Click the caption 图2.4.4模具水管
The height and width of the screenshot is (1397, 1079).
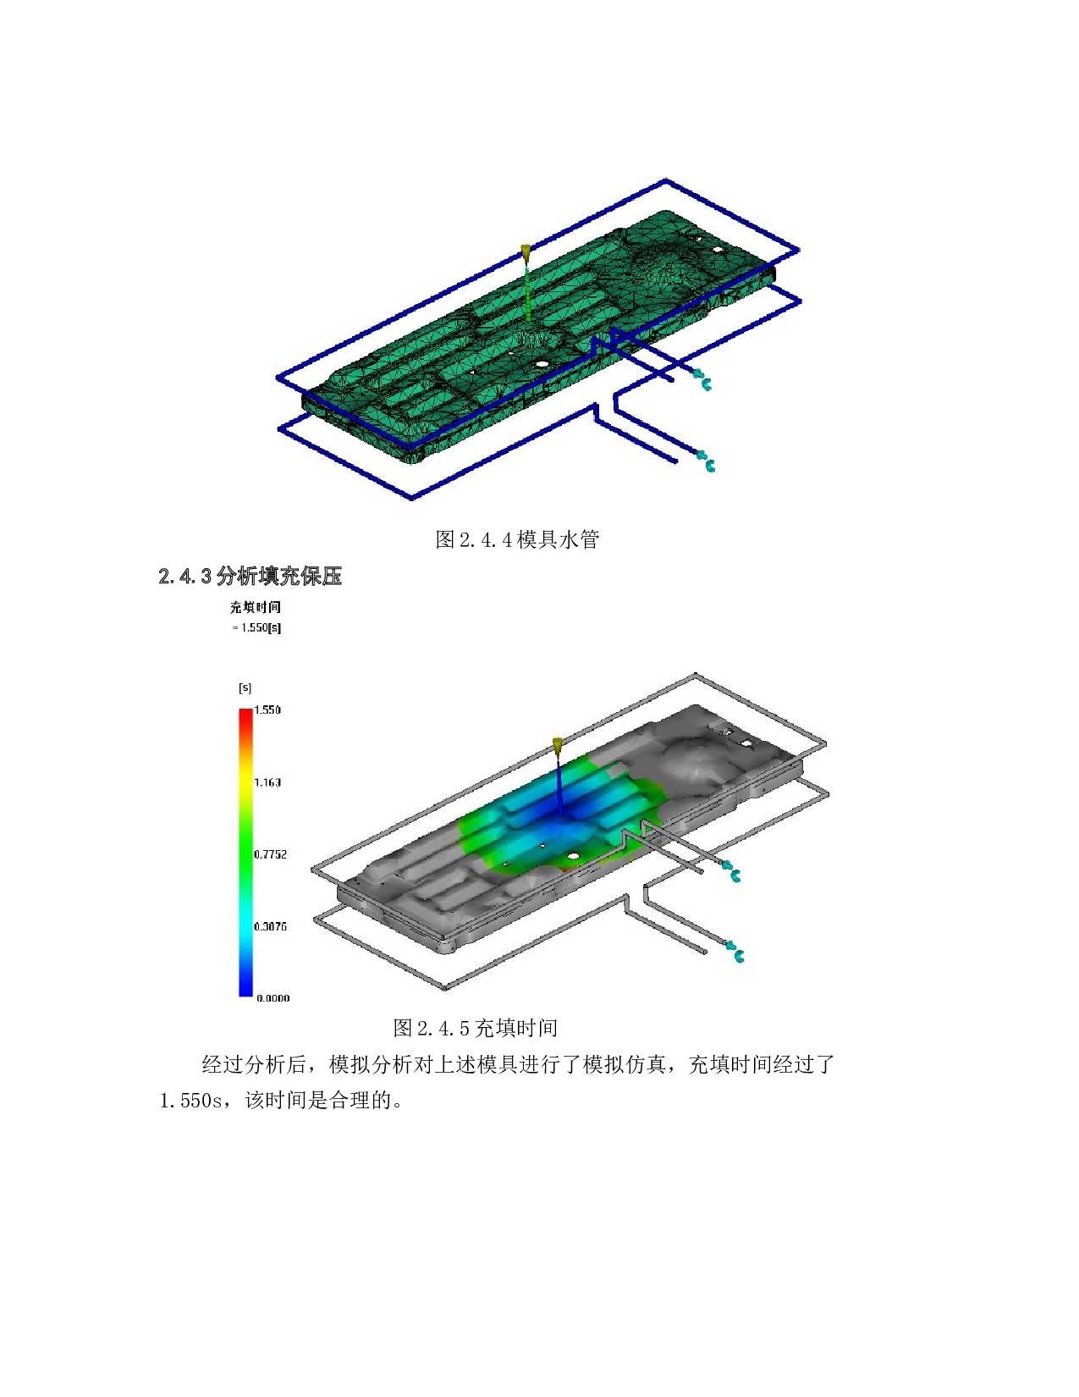click(x=517, y=539)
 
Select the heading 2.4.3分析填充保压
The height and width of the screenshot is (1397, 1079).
click(x=250, y=576)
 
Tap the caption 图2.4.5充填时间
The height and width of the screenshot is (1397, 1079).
click(x=476, y=1028)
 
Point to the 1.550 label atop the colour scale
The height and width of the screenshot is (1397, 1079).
click(x=267, y=710)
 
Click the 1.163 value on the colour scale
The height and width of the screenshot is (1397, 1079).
click(x=267, y=782)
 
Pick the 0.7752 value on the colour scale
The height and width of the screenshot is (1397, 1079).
click(x=271, y=854)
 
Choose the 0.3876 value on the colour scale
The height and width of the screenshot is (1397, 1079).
click(x=271, y=926)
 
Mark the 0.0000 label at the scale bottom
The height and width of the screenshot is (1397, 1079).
click(x=273, y=997)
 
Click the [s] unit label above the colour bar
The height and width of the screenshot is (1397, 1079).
click(x=245, y=687)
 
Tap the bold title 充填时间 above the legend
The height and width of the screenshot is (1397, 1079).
click(x=255, y=607)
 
